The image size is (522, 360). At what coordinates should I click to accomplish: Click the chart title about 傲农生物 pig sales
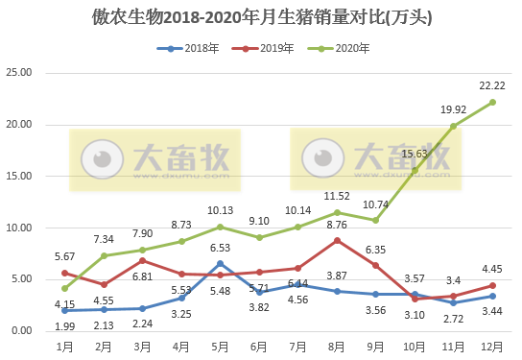pyautogui.click(x=262, y=16)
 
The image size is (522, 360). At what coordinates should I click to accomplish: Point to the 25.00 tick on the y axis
pyautogui.click(x=19, y=73)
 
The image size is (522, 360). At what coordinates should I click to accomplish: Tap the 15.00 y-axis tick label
pyautogui.click(x=19, y=177)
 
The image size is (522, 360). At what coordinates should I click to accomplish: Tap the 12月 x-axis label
pyautogui.click(x=492, y=345)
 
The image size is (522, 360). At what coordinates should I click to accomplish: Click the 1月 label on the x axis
pyautogui.click(x=65, y=345)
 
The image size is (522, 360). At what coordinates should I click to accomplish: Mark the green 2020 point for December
pyautogui.click(x=492, y=102)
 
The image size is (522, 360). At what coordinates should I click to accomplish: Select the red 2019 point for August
pyautogui.click(x=337, y=240)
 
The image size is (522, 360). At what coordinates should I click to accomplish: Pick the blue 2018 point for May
pyautogui.click(x=221, y=263)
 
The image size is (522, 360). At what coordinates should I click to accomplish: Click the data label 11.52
pyautogui.click(x=336, y=196)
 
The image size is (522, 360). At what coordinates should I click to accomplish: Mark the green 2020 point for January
pyautogui.click(x=65, y=288)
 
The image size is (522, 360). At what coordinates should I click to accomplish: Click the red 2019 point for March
pyautogui.click(x=143, y=260)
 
